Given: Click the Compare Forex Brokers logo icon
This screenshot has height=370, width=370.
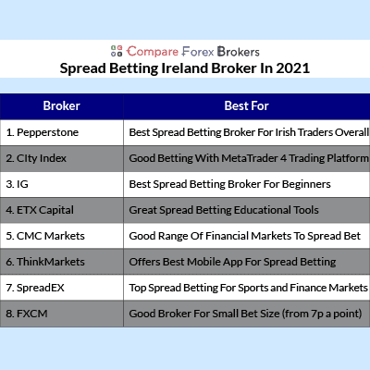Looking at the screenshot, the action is pos(117,51).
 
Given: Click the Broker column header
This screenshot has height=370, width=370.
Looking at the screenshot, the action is pos(62,106).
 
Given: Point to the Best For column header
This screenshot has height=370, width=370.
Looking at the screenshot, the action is pos(247,106).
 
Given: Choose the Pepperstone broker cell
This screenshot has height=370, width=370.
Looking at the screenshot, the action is pos(62,132).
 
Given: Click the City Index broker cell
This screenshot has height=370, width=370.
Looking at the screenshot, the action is pos(62,158).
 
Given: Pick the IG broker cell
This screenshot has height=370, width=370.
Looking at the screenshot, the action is pos(62,184).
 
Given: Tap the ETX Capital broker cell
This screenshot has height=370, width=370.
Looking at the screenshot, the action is pos(62,210).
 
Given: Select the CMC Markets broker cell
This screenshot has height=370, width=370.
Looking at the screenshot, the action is pos(62,236).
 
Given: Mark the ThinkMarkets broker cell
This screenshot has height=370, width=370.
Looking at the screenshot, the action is pos(62,262).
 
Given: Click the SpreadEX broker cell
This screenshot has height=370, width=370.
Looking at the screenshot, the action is pos(62,288).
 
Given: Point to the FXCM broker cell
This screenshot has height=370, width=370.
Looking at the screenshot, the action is pos(62,314).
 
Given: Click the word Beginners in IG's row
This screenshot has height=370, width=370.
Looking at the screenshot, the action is pos(306,184).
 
